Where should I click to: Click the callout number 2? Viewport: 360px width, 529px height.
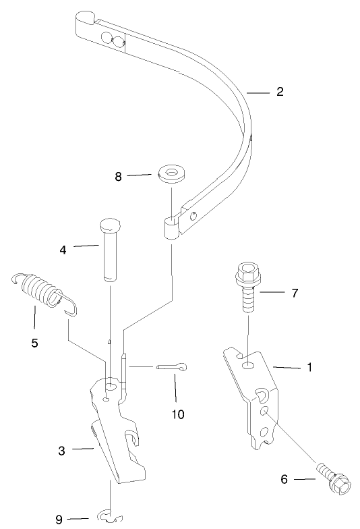pyautogui.click(x=278, y=91)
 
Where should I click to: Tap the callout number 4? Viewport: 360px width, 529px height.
pyautogui.click(x=63, y=249)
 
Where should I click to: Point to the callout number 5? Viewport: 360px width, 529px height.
pyautogui.click(x=34, y=343)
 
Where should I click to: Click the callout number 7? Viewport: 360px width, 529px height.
pyautogui.click(x=295, y=294)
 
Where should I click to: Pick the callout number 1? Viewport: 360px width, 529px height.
pyautogui.click(x=309, y=368)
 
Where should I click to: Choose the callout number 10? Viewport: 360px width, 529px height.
pyautogui.click(x=178, y=414)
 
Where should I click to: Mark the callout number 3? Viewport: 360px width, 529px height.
pyautogui.click(x=61, y=450)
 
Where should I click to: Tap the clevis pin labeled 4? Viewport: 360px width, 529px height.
pyautogui.click(x=111, y=248)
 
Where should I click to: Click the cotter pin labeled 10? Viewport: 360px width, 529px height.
pyautogui.click(x=173, y=367)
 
